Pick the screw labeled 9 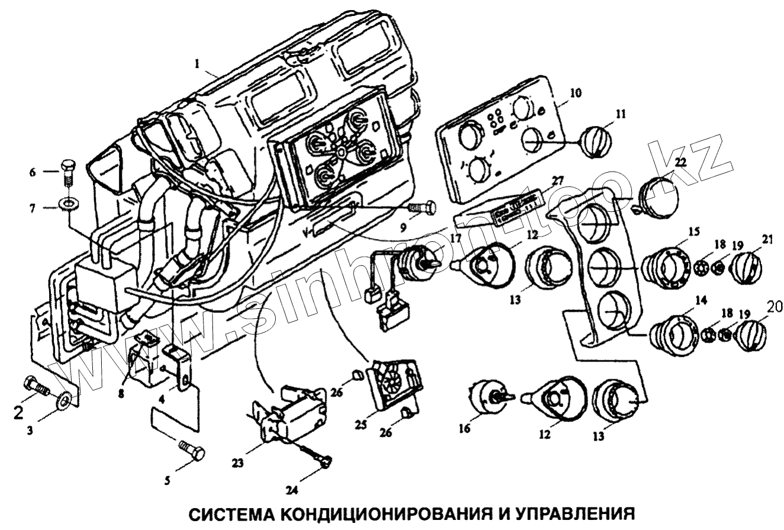[422, 208]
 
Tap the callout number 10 [576, 92]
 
